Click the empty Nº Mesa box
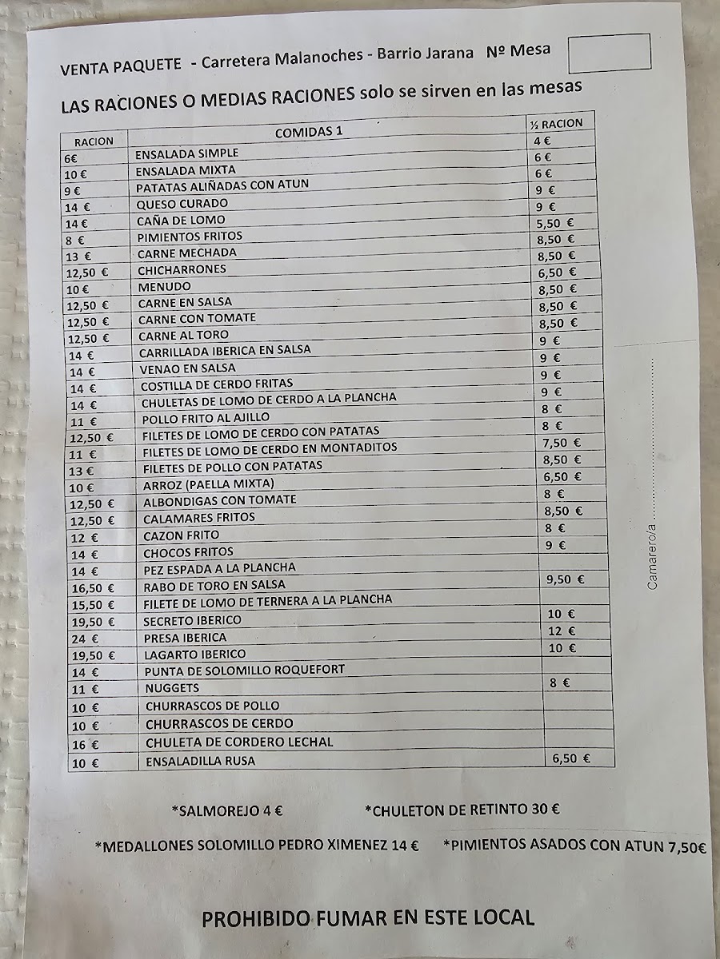608,53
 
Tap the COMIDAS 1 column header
309,132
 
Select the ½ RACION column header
555,123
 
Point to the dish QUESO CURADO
182,203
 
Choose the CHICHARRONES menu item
182,269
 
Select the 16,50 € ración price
89,588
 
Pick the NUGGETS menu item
172,688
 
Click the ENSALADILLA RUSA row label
200,762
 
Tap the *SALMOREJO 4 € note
227,810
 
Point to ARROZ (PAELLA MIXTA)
208,484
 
